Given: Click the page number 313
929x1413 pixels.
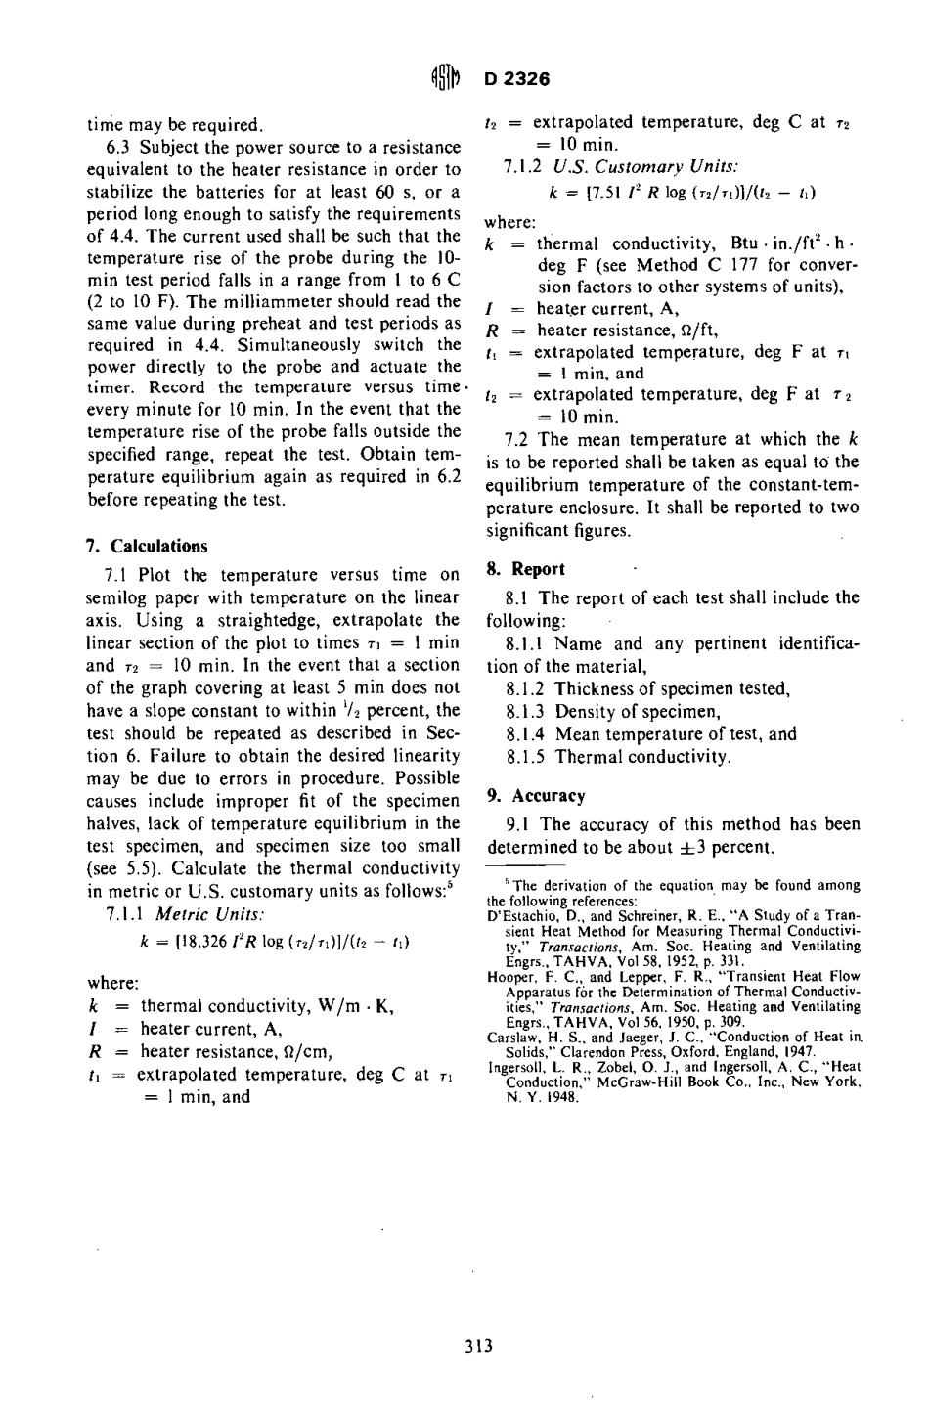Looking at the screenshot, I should point(478,1347).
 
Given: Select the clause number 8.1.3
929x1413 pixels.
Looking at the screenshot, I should point(527,711).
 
